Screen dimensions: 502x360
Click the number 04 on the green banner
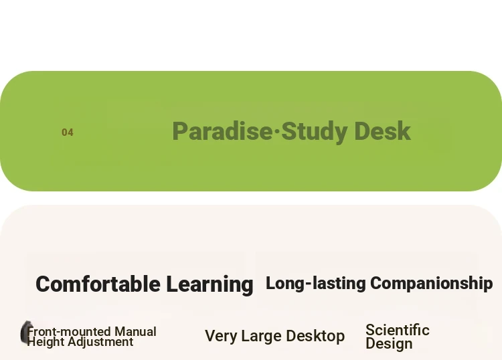[68, 132]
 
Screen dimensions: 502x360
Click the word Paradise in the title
[222, 131]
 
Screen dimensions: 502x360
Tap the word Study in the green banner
[315, 132]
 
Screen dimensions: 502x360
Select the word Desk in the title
[383, 131]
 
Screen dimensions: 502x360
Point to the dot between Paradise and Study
[276, 131]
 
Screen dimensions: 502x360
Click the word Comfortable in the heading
[98, 284]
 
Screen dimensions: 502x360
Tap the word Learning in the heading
[210, 284]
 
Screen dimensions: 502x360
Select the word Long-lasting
[316, 284]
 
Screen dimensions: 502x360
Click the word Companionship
[432, 284]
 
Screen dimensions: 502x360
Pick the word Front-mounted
[69, 331]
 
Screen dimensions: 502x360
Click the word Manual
[135, 331]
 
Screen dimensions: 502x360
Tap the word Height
[46, 342]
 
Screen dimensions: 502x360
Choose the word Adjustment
[100, 342]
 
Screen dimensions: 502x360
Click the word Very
[222, 336]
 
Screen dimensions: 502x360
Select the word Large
[262, 337]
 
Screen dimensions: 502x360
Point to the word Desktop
[315, 337]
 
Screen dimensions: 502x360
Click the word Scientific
[398, 330]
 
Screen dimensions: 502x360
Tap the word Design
[389, 344]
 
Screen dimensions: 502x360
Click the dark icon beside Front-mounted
[25, 333]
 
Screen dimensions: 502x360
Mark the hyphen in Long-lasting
[309, 283]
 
